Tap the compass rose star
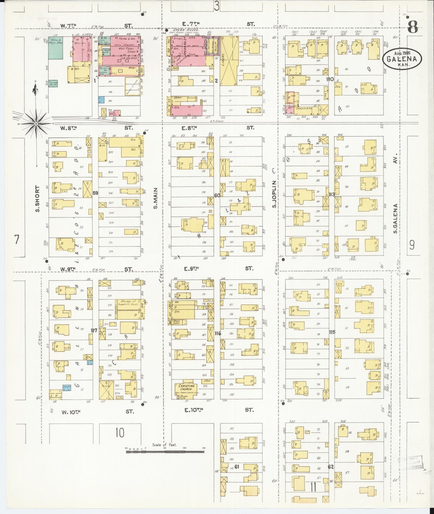(36, 123)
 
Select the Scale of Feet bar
(165, 451)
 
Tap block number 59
(95, 193)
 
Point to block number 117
(94, 330)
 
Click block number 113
(331, 194)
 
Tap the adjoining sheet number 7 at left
(17, 240)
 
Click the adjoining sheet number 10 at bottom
(120, 432)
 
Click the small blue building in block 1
(102, 100)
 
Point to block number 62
(331, 467)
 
